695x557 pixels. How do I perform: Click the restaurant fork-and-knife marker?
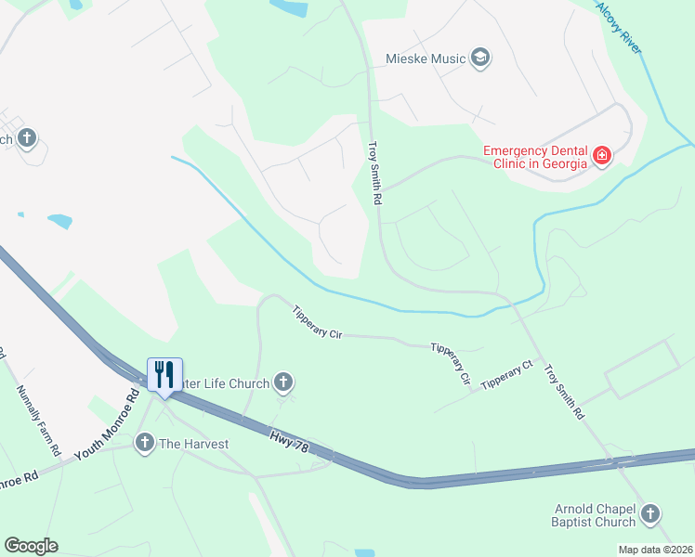[x=164, y=375]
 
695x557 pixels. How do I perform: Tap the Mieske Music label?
[x=425, y=59]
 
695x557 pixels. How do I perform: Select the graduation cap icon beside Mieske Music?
[x=480, y=59]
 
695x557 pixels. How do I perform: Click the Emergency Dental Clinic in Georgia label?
[x=535, y=157]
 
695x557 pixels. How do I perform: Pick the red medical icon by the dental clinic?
[x=602, y=156]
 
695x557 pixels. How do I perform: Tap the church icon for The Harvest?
[x=144, y=444]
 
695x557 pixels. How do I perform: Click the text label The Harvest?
[x=193, y=444]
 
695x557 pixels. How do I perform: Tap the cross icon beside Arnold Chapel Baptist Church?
[x=650, y=513]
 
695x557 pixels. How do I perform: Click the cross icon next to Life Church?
[x=283, y=382]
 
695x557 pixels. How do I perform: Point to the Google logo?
[x=31, y=546]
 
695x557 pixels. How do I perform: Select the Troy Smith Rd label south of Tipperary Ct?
[x=564, y=391]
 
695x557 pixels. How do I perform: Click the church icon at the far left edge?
[x=26, y=139]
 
